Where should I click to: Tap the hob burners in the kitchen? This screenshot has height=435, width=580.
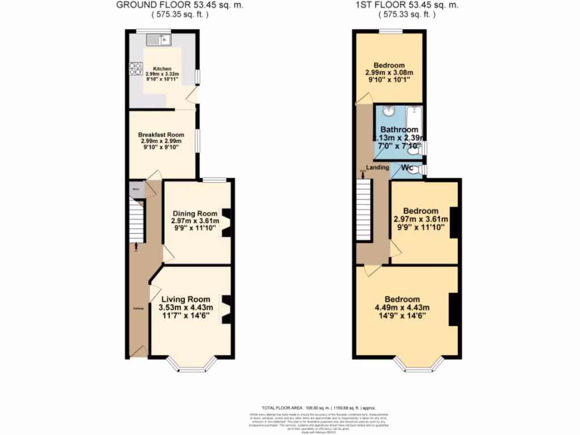135,69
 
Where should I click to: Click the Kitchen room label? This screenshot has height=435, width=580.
162,69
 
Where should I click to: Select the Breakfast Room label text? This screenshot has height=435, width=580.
161,135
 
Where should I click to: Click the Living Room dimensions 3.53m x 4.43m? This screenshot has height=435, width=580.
186,308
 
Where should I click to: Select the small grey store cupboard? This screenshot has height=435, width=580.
136,189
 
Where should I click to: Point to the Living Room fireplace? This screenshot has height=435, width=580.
226,309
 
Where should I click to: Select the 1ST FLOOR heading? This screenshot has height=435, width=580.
406,5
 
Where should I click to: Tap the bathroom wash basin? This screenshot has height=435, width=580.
389,111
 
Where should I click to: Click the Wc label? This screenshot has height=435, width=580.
407,168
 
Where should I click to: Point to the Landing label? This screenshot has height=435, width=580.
378,168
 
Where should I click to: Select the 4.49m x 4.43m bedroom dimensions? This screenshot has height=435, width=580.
402,308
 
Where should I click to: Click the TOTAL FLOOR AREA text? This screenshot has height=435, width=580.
317,408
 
